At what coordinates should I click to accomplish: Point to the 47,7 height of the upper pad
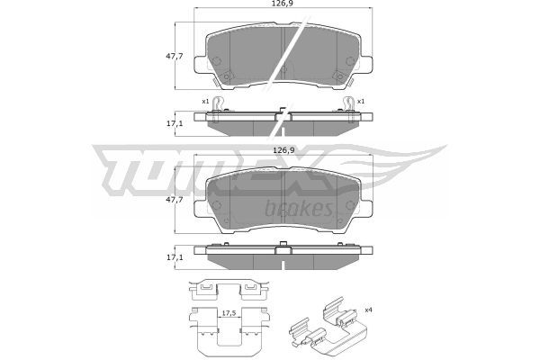[175, 56]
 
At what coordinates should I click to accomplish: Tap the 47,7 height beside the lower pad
[175, 200]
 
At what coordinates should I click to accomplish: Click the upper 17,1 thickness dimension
[175, 123]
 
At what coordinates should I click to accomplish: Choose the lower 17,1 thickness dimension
[175, 257]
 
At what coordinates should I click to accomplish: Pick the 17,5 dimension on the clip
[229, 313]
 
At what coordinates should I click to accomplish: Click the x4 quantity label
[368, 310]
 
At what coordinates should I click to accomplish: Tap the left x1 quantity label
[205, 102]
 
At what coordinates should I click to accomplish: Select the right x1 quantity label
[361, 102]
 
